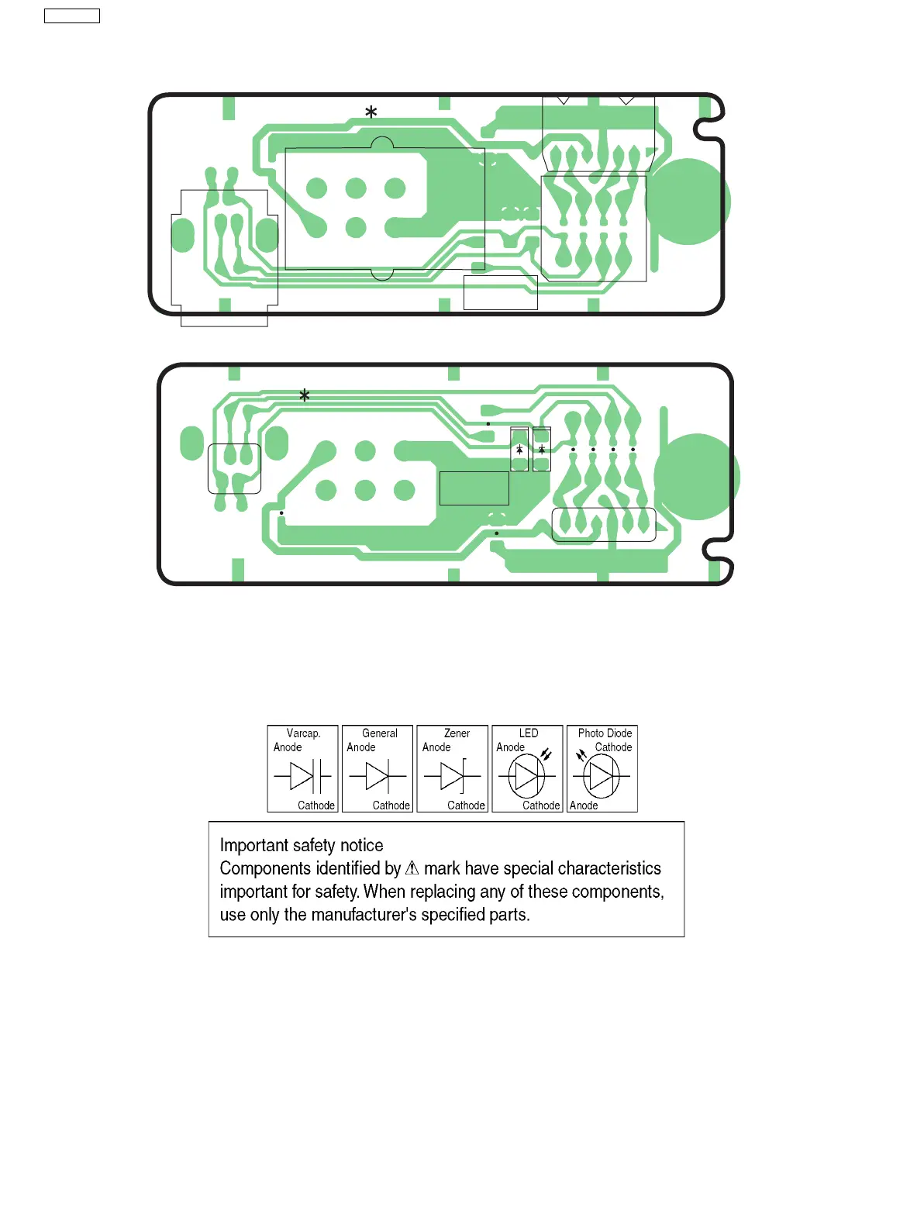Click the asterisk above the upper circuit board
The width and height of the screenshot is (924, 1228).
(371, 112)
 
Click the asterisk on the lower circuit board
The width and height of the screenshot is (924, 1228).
(305, 395)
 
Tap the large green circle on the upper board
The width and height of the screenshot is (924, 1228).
(688, 202)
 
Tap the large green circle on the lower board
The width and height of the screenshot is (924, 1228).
(696, 476)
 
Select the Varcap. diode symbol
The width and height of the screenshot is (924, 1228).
(303, 775)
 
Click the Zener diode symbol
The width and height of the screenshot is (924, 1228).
(453, 775)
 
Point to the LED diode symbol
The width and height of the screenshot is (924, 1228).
(527, 775)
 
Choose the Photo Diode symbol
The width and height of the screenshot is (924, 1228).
(602, 775)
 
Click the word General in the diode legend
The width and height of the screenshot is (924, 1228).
(379, 733)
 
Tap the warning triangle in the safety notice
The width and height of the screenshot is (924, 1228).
(412, 868)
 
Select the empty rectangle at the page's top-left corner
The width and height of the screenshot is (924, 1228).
(72, 16)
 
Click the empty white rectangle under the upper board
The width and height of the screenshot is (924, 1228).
(500, 293)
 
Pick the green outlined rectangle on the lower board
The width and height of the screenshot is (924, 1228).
(474, 488)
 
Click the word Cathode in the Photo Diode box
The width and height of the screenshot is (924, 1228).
(613, 747)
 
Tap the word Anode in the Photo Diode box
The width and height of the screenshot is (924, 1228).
(584, 805)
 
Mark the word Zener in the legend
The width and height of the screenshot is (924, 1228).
(457, 733)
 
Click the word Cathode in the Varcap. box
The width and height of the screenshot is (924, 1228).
(316, 805)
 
